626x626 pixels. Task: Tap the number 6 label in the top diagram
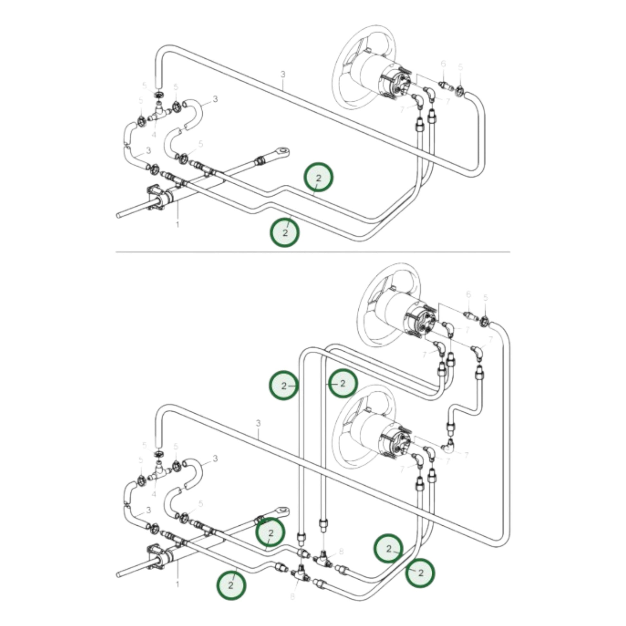(443, 64)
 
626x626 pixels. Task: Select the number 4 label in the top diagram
(153, 133)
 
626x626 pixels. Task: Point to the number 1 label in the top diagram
(177, 224)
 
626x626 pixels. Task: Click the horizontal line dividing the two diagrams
(313, 252)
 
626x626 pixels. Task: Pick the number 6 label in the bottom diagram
(468, 294)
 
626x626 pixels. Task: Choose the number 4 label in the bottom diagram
(153, 494)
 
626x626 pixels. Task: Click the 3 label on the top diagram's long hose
(283, 75)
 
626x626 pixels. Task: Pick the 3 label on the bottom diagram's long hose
(258, 423)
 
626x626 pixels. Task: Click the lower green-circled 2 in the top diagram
(285, 232)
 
